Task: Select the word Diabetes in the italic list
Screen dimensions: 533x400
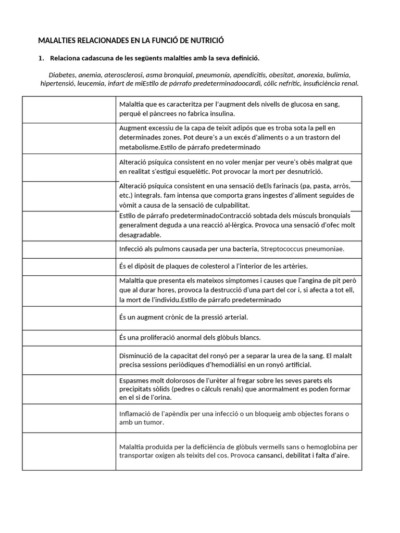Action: click(x=62, y=74)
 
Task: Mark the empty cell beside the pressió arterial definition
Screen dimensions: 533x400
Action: click(x=69, y=317)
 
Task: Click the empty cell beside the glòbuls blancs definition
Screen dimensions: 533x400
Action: click(x=69, y=337)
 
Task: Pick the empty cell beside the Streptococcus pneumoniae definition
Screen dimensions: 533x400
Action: click(x=69, y=249)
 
